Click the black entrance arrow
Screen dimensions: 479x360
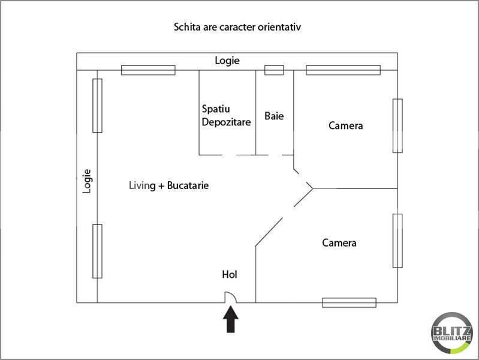(231, 319)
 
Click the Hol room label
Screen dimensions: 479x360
(230, 274)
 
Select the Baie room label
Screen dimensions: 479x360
(274, 116)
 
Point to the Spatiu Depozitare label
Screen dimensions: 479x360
(226, 116)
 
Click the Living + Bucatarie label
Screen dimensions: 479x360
(168, 185)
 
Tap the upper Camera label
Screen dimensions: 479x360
(345, 126)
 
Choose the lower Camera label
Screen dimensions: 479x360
(339, 243)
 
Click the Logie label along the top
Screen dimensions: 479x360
(227, 61)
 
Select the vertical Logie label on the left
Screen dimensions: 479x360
(87, 181)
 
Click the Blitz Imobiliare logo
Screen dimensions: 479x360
(452, 333)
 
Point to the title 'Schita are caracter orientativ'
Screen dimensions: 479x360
(237, 27)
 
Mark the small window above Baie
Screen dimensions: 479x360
(274, 70)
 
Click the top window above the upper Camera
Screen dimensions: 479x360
(344, 70)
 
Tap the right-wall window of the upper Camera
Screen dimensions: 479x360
(397, 126)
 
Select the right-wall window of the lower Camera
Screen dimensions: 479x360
(397, 241)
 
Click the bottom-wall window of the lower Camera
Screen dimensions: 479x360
(349, 302)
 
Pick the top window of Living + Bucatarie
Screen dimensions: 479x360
(148, 70)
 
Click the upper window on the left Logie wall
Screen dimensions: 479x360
(97, 106)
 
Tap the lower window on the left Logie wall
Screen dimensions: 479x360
(97, 251)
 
